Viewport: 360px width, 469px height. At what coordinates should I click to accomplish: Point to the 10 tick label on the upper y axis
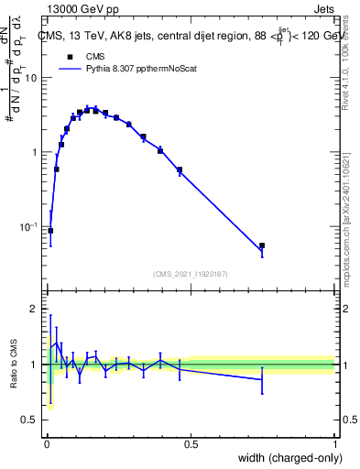tap(31, 78)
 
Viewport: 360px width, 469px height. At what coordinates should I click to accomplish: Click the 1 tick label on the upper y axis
tap(35, 152)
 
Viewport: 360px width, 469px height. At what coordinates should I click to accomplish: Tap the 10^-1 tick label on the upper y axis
tap(29, 225)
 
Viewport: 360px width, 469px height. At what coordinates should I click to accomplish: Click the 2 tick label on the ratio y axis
tap(35, 310)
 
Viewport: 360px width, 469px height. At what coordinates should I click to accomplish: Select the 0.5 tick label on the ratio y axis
tap(30, 420)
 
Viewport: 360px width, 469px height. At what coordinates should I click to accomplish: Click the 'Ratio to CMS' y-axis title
tap(13, 365)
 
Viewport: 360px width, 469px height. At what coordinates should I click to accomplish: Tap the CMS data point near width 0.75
tap(262, 245)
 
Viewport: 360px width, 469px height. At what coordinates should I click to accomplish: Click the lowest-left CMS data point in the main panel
tap(50, 231)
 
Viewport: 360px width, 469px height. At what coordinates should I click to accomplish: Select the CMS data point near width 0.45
tap(180, 169)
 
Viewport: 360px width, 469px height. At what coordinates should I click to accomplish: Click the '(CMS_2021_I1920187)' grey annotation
tap(190, 274)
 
